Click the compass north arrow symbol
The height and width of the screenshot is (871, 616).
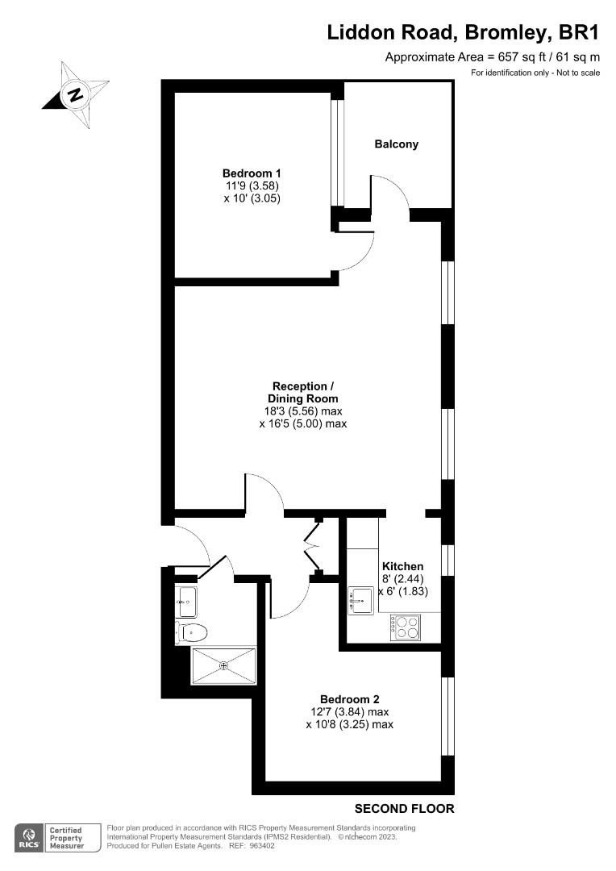click(x=76, y=94)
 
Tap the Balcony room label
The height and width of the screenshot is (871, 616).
click(x=396, y=144)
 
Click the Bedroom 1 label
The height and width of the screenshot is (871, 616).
click(x=252, y=173)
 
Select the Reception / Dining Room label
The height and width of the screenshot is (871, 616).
click(x=302, y=392)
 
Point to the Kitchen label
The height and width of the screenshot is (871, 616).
click(x=402, y=566)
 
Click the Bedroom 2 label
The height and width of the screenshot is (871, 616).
click(x=349, y=699)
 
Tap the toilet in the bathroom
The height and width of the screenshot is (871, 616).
click(x=193, y=632)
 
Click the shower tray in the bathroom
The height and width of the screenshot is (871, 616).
click(x=223, y=665)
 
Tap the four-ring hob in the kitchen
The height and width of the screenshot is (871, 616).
click(x=406, y=627)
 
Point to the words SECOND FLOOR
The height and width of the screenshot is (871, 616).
click(x=405, y=808)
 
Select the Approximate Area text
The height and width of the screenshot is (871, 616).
click(x=493, y=56)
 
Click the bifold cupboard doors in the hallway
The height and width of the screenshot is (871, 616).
click(x=311, y=548)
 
